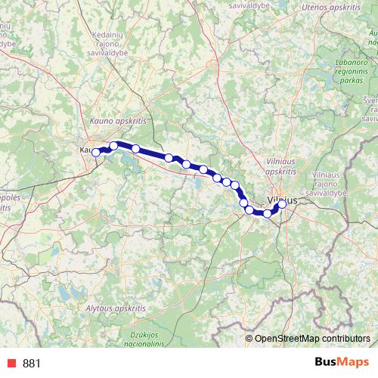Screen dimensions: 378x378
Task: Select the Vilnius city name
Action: click(281, 201)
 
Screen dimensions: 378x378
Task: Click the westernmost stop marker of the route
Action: click(96, 153)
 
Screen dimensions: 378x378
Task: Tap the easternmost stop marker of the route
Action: click(283, 204)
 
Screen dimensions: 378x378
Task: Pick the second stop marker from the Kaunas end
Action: click(114, 146)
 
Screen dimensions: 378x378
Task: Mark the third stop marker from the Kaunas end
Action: click(136, 148)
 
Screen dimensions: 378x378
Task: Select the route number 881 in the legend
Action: click(32, 364)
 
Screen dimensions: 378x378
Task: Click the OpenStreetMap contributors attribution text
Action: click(312, 339)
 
